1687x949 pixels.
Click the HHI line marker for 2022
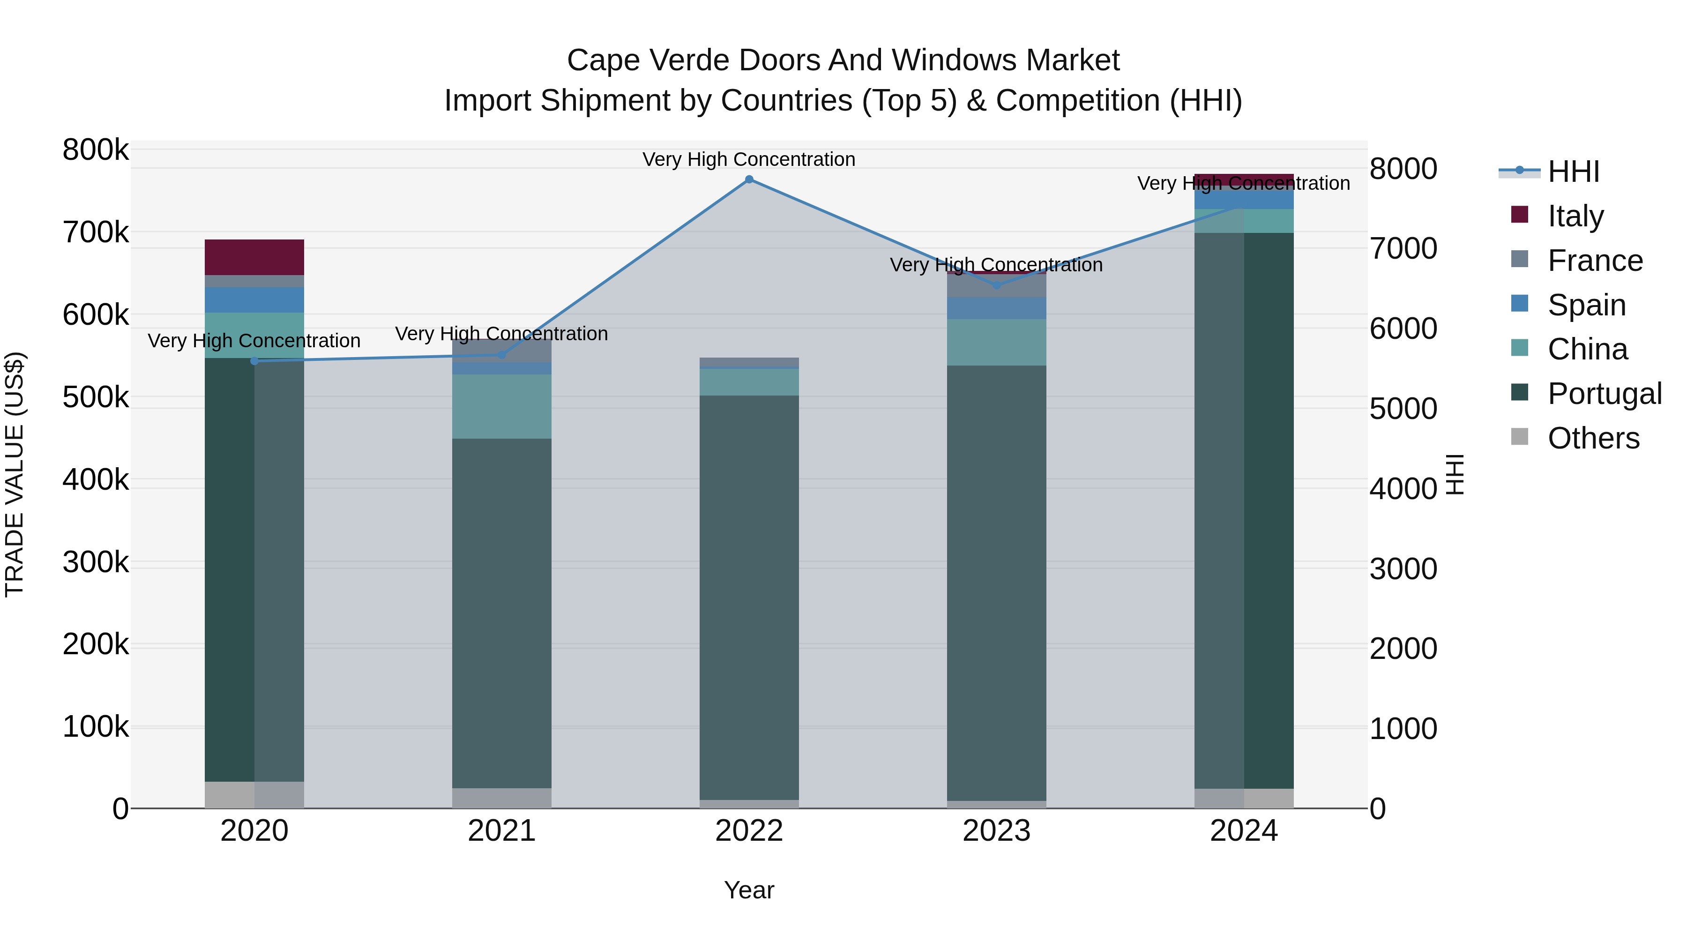tap(749, 179)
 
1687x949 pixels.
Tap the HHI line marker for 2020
tap(255, 361)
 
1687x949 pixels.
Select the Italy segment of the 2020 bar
tap(255, 257)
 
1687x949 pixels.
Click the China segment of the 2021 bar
tap(501, 406)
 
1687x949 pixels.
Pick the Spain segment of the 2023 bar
tap(996, 308)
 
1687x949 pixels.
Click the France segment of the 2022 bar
tap(749, 363)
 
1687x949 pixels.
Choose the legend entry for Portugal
tap(1605, 394)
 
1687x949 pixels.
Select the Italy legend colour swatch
tap(1519, 214)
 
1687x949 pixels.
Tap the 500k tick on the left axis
tap(96, 397)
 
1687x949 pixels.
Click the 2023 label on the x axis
tap(996, 831)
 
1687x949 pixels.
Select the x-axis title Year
tap(749, 890)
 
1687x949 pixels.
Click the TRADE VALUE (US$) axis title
tap(15, 474)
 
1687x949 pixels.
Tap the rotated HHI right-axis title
tap(1455, 474)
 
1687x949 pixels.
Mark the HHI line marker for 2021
tap(501, 355)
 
